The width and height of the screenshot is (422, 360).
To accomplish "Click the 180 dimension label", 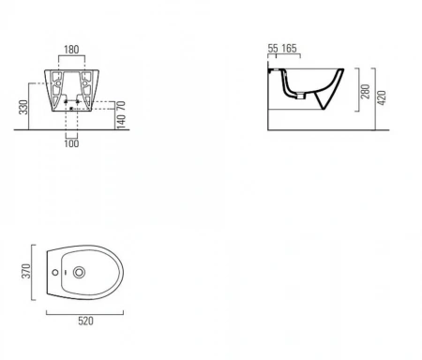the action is pyautogui.click(x=71, y=50).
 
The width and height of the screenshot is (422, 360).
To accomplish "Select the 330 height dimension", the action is pyautogui.click(x=23, y=107).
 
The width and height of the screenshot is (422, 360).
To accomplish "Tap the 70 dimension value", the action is pyautogui.click(x=121, y=105).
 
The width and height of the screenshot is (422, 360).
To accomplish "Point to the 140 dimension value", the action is pyautogui.click(x=121, y=121).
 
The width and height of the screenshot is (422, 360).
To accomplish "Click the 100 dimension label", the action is pyautogui.click(x=71, y=143).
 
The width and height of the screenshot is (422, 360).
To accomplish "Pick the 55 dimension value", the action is pyautogui.click(x=273, y=49).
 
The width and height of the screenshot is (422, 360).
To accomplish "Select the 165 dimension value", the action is pyautogui.click(x=289, y=49).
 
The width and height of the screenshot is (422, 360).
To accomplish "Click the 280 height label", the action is pyautogui.click(x=365, y=91).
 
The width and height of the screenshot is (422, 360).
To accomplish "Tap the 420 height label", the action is pyautogui.click(x=382, y=97).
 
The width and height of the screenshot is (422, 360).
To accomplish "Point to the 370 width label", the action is pyautogui.click(x=26, y=271).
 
